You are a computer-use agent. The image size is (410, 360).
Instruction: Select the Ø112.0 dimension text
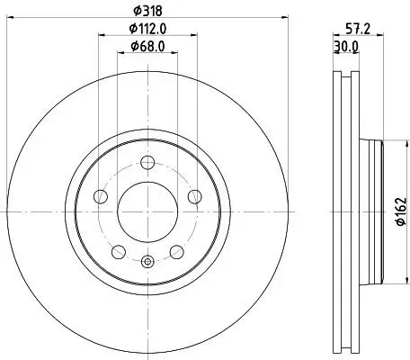click(x=147, y=30)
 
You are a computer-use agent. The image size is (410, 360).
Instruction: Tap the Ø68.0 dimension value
click(x=147, y=46)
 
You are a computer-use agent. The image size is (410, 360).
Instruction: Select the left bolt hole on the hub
click(x=102, y=197)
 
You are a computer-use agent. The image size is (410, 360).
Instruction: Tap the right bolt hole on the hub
click(x=192, y=197)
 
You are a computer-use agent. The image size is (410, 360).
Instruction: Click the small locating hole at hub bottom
click(x=147, y=262)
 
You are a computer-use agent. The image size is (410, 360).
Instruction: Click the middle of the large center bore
click(x=147, y=211)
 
